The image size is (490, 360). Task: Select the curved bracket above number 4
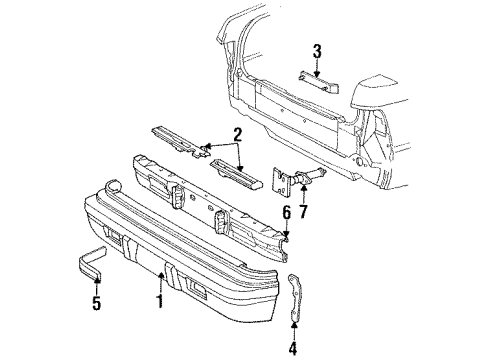pos(296,296)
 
